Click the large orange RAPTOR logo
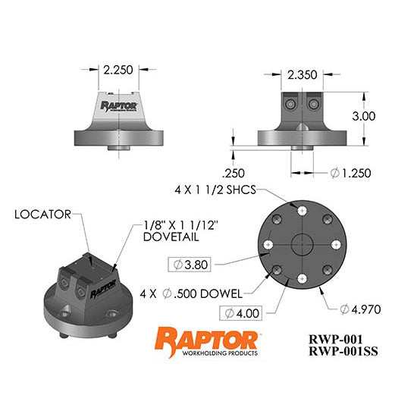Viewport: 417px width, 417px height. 205,337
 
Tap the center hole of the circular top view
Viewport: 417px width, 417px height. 302,246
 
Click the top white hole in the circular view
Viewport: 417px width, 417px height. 302,213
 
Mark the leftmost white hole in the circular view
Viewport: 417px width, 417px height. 269,246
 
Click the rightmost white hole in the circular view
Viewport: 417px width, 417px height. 334,246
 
